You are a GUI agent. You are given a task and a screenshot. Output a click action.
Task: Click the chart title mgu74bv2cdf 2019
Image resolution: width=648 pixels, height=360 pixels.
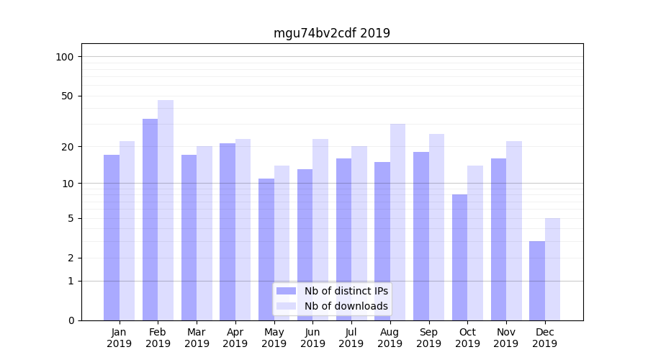pos(331,33)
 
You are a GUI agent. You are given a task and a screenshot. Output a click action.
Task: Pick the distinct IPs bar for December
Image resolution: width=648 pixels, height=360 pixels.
pos(537,281)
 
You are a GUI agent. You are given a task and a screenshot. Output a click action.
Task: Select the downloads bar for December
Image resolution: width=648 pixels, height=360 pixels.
pos(552,269)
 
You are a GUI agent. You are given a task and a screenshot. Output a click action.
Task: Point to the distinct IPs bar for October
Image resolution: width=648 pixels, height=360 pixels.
pos(459,257)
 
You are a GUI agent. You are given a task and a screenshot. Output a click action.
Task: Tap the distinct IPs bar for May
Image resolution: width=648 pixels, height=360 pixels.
pos(266,249)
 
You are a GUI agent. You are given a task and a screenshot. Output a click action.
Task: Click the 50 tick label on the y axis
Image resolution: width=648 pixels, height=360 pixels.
pos(68,96)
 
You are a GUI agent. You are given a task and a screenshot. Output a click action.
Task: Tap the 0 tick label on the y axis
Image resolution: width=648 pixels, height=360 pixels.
pos(71,320)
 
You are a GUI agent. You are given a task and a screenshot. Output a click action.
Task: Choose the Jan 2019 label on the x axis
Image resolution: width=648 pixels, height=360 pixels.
pos(120,338)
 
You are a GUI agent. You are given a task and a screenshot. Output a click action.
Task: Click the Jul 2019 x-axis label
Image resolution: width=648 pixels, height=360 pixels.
pos(351,338)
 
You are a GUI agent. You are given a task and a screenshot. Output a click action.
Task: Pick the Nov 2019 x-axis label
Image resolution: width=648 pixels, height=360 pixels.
pos(506,338)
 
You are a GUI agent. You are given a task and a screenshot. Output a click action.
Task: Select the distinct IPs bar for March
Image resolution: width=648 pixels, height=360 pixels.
pos(189,238)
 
